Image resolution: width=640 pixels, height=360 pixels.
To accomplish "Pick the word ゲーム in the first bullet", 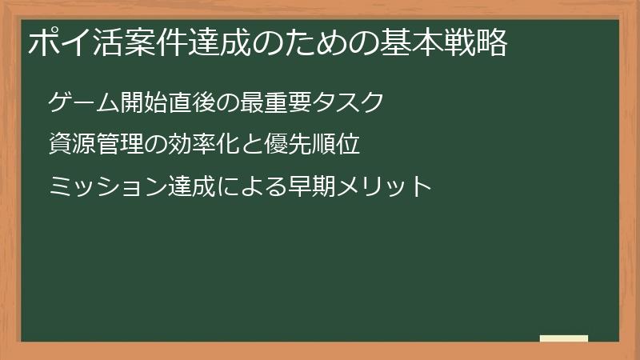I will tap(84, 103).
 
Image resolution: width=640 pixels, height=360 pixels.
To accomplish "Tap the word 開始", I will tap(145, 103).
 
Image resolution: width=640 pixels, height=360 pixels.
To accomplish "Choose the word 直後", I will tap(193, 103).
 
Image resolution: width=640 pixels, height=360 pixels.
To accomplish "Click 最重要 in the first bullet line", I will tap(277, 103).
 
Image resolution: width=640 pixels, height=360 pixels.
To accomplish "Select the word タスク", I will tap(349, 103).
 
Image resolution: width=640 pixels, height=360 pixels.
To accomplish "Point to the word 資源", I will tap(72, 145).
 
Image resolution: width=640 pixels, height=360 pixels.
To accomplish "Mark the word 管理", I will tap(120, 145).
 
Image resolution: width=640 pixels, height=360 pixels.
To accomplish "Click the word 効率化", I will tap(204, 145).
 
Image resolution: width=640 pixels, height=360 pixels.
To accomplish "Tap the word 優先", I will tap(288, 145).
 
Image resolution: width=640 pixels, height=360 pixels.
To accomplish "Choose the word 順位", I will tap(337, 145).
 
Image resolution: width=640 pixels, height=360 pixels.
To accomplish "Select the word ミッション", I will tap(108, 187).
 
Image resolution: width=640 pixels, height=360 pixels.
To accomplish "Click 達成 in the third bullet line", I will tap(192, 187).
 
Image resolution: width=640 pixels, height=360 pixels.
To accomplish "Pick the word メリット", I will tap(384, 187).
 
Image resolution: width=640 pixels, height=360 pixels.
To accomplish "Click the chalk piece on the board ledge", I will tap(564, 338).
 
